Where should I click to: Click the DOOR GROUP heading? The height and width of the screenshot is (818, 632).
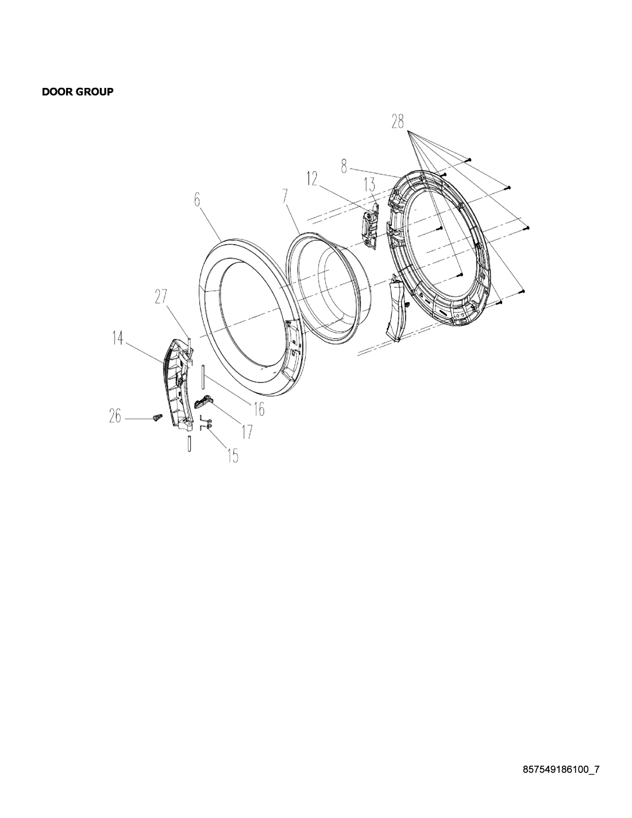pos(78,92)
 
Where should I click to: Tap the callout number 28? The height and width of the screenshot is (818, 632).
pos(397,122)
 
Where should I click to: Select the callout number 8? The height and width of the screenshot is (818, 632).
pos(344,167)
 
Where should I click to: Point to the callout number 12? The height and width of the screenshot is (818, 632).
pos(312,179)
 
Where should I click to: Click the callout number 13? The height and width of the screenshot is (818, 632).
pos(369,185)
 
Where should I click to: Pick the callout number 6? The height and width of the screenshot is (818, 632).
pos(198,200)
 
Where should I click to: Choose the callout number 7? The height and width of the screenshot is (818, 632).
pos(286,197)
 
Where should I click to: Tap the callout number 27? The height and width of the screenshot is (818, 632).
pos(161,296)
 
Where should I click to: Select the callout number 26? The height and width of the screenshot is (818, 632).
pos(115,416)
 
